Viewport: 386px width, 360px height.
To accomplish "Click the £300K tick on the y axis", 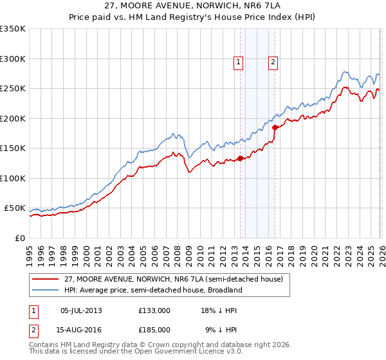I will [13, 59].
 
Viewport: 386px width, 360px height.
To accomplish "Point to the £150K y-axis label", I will [13, 148].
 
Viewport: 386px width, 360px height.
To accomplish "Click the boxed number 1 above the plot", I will [239, 62].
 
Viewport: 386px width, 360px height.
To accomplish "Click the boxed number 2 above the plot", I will [273, 62].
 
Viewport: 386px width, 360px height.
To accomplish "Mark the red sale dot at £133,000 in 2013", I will [240, 158].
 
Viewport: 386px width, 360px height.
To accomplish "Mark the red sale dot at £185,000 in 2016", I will [275, 127].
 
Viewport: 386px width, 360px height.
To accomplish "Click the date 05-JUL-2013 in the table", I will [81, 310].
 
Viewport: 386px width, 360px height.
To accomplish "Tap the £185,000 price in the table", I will [154, 329].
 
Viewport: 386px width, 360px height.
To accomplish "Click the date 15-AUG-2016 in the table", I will [81, 329].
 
